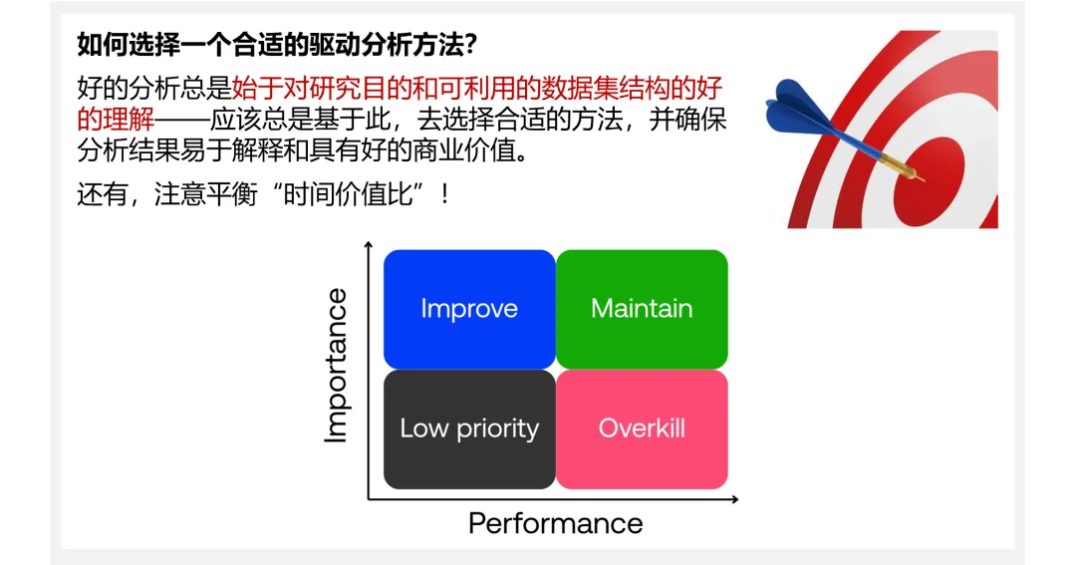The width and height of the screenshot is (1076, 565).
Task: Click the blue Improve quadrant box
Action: point(469,309)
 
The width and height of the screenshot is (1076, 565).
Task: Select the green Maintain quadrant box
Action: point(642,309)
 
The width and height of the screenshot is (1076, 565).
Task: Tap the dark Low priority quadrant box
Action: point(469,429)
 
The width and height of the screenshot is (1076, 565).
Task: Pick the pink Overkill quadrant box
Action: point(642,429)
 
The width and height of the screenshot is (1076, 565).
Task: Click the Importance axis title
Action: point(337,366)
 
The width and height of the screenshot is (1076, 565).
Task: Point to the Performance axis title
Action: point(555,523)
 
